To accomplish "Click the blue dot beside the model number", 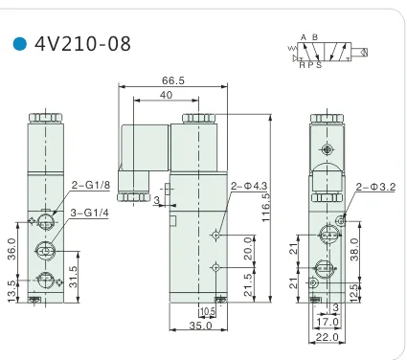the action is (x=20, y=44).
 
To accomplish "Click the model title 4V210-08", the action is (x=83, y=44).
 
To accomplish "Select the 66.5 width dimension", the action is (x=173, y=80).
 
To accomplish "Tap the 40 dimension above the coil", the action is (x=166, y=95).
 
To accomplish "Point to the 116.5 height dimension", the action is (x=265, y=207).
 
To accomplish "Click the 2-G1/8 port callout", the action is (x=91, y=185).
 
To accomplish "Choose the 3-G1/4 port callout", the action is (x=89, y=213).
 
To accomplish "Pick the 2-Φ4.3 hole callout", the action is (x=249, y=186).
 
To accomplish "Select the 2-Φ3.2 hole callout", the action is (x=375, y=187).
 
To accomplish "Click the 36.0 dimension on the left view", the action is (x=11, y=249).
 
